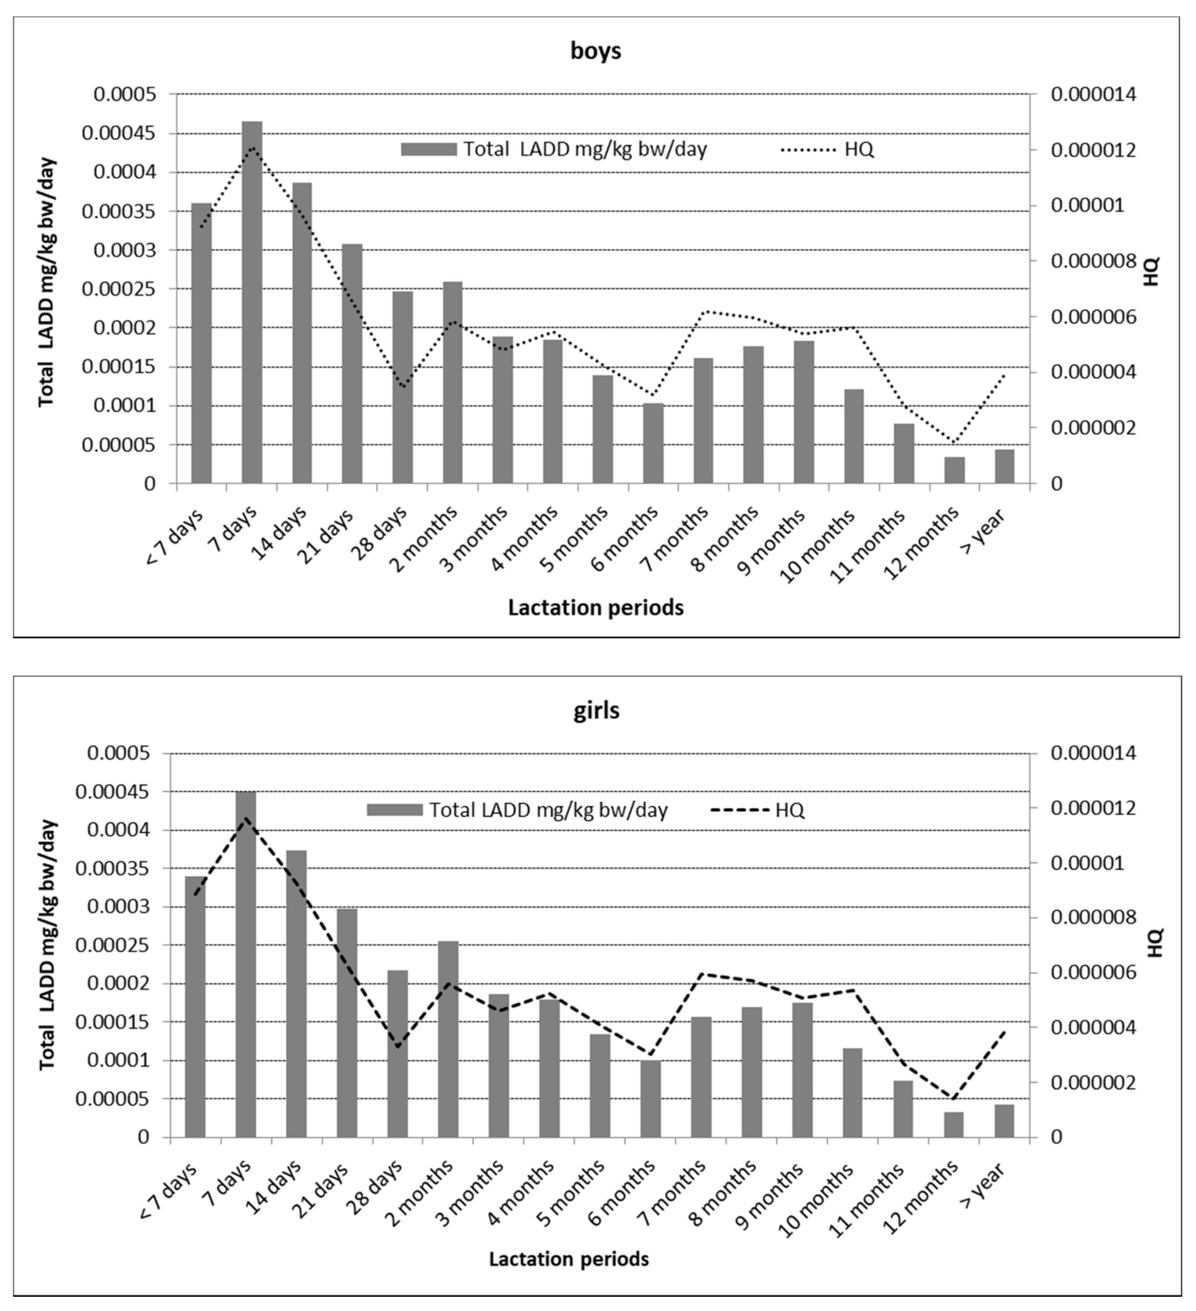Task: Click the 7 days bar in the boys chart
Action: pos(252,302)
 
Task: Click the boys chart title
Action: pos(596,51)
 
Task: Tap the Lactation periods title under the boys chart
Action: pos(596,607)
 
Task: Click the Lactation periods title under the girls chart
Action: pos(569,1259)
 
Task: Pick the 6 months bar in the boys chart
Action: pos(654,443)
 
